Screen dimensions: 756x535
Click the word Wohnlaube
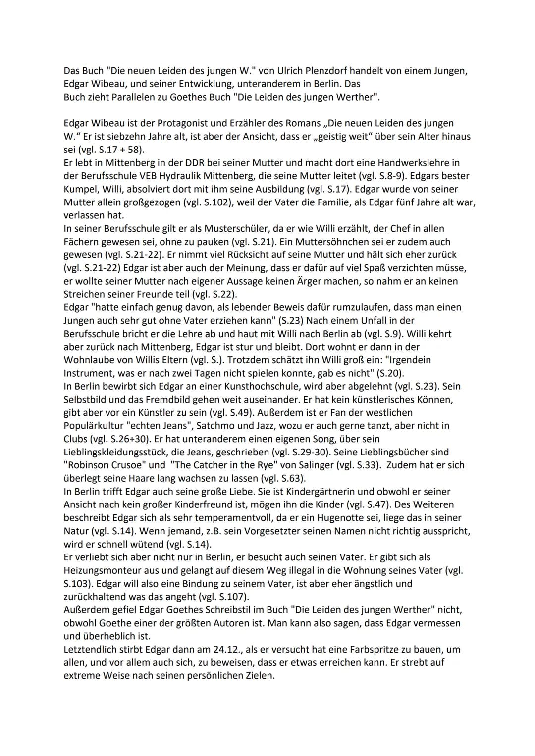click(89, 360)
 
